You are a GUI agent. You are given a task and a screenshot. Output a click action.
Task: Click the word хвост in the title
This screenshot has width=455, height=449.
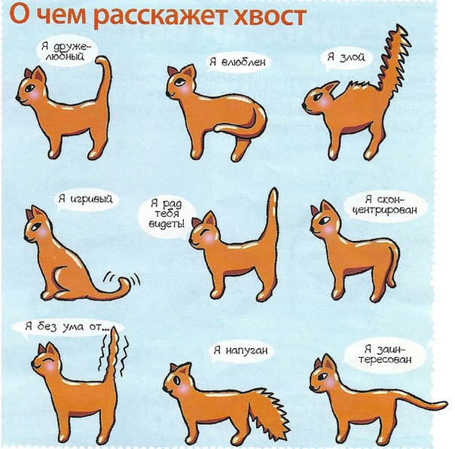(x=270, y=17)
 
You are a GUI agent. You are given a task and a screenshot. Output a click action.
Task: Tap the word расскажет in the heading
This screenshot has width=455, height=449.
(x=160, y=17)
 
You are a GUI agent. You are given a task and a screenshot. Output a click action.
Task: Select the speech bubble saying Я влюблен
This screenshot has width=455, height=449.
(x=237, y=62)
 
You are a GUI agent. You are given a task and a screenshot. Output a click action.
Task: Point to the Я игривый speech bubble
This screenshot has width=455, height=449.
(x=85, y=200)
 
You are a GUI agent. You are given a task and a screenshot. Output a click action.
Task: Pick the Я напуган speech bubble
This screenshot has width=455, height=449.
(x=240, y=350)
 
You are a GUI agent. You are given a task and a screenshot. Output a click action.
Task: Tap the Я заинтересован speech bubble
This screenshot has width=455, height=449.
(x=385, y=354)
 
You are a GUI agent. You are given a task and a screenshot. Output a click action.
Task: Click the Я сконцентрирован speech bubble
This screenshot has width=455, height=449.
(x=385, y=205)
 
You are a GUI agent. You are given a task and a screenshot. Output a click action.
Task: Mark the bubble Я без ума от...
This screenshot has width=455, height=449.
(x=67, y=328)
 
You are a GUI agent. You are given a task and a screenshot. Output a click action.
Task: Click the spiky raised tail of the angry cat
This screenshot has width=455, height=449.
(x=392, y=58)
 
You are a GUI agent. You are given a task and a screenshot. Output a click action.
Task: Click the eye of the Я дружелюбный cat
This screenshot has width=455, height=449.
(x=30, y=87)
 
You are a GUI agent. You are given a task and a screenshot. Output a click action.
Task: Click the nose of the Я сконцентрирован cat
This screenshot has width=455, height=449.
(x=312, y=229)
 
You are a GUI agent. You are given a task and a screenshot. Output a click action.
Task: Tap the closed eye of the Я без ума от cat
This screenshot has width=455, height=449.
(x=47, y=359)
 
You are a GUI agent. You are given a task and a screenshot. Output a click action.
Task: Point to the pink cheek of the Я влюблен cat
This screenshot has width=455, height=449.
(x=185, y=90)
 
